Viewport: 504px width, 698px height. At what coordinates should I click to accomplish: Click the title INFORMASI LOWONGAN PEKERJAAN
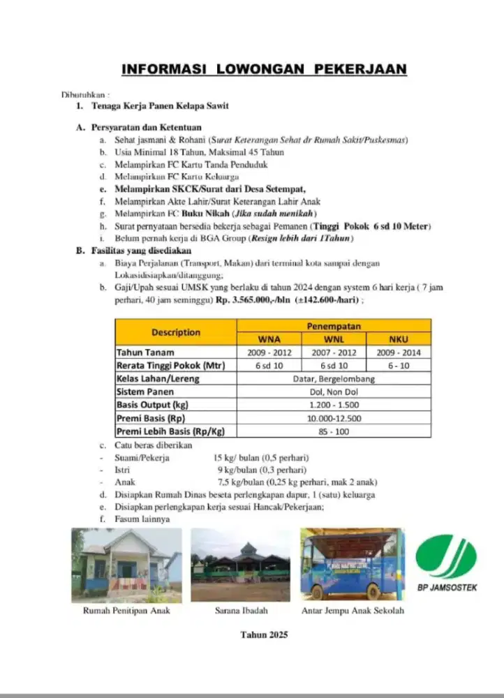coord(264,69)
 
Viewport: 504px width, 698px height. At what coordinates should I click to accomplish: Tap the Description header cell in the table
coord(175,332)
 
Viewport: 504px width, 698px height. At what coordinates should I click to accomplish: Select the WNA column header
coord(269,339)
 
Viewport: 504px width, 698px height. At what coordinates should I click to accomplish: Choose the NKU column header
coord(398,339)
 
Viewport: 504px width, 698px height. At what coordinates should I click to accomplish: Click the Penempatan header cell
coord(334,326)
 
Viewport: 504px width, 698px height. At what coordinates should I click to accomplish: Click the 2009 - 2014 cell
coord(398,352)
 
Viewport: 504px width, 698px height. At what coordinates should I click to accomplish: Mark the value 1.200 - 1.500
coord(334,405)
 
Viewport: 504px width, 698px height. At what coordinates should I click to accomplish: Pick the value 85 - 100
coord(334,431)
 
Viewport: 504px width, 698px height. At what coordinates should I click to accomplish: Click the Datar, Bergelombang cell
coord(334,378)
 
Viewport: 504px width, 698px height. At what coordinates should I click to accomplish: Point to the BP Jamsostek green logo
coord(446,556)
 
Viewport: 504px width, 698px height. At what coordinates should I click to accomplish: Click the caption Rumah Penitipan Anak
coord(126,611)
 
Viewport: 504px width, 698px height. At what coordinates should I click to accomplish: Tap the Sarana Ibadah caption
coord(239,611)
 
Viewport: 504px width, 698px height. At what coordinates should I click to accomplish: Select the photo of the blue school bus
coord(352,564)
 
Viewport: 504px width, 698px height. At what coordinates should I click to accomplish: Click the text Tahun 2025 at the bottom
coord(264,635)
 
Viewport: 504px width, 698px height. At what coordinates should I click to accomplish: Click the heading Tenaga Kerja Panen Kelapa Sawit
coord(160,106)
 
